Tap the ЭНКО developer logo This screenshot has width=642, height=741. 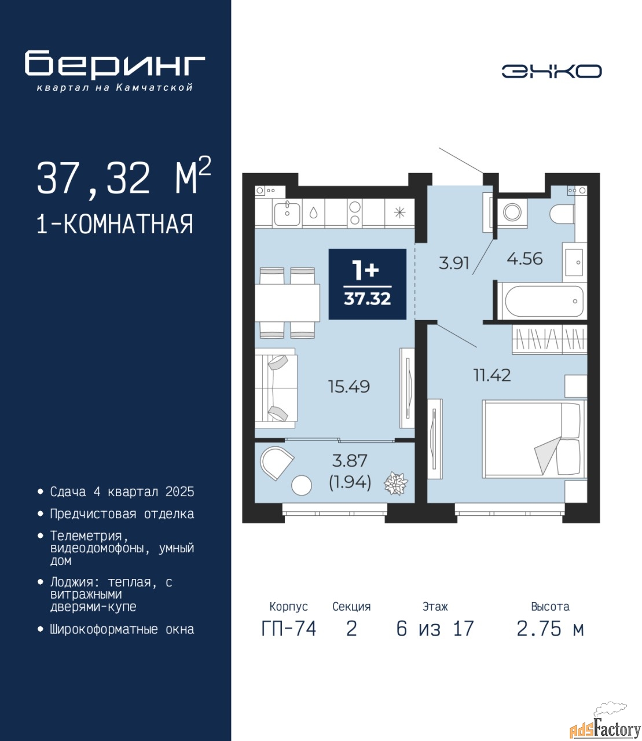point(551,71)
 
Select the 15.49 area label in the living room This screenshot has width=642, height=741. point(348,387)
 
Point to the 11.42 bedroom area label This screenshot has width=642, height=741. point(492,375)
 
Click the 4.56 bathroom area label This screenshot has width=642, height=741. point(524,258)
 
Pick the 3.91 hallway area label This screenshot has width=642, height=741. point(454,263)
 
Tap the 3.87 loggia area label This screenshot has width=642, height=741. point(350,461)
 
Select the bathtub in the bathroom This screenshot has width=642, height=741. point(542,301)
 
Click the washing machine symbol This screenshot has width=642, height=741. point(512,212)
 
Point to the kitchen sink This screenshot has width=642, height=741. point(287,213)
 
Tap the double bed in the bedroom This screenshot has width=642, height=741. point(534,439)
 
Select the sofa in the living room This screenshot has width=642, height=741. point(276,388)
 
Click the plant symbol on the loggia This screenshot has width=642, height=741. point(396,483)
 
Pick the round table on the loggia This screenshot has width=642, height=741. point(302,485)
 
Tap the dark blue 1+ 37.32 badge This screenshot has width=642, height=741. point(368,284)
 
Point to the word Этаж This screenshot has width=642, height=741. point(435,607)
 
